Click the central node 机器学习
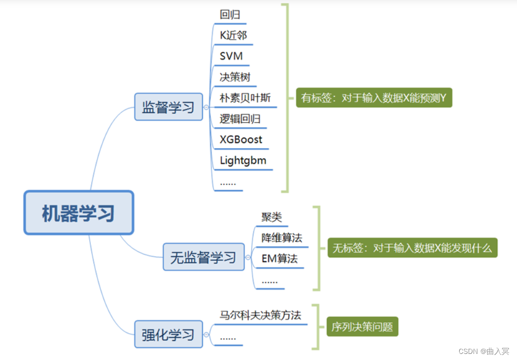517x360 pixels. tap(79, 213)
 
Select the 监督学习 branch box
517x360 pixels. tap(168, 107)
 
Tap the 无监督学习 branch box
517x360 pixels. tap(203, 257)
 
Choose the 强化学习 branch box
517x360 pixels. tap(168, 334)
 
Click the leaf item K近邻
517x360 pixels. tap(233, 35)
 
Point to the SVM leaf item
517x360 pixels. tap(231, 56)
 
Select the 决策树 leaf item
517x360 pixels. tap(235, 77)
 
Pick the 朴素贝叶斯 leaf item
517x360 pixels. tap(245, 98)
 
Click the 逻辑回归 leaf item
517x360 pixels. tap(240, 119)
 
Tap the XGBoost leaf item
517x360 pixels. tap(241, 139)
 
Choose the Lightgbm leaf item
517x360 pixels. tap(243, 161)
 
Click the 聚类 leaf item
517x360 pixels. tap(271, 217)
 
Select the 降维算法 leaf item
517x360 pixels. tap(282, 238)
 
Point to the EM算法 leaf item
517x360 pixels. tap(280, 259)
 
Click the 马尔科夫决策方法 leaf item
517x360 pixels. tap(260, 315)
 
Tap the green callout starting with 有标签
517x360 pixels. tap(373, 98)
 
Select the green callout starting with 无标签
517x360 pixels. tap(412, 248)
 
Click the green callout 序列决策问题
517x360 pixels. tap(362, 327)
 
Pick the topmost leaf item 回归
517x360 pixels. tap(230, 14)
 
